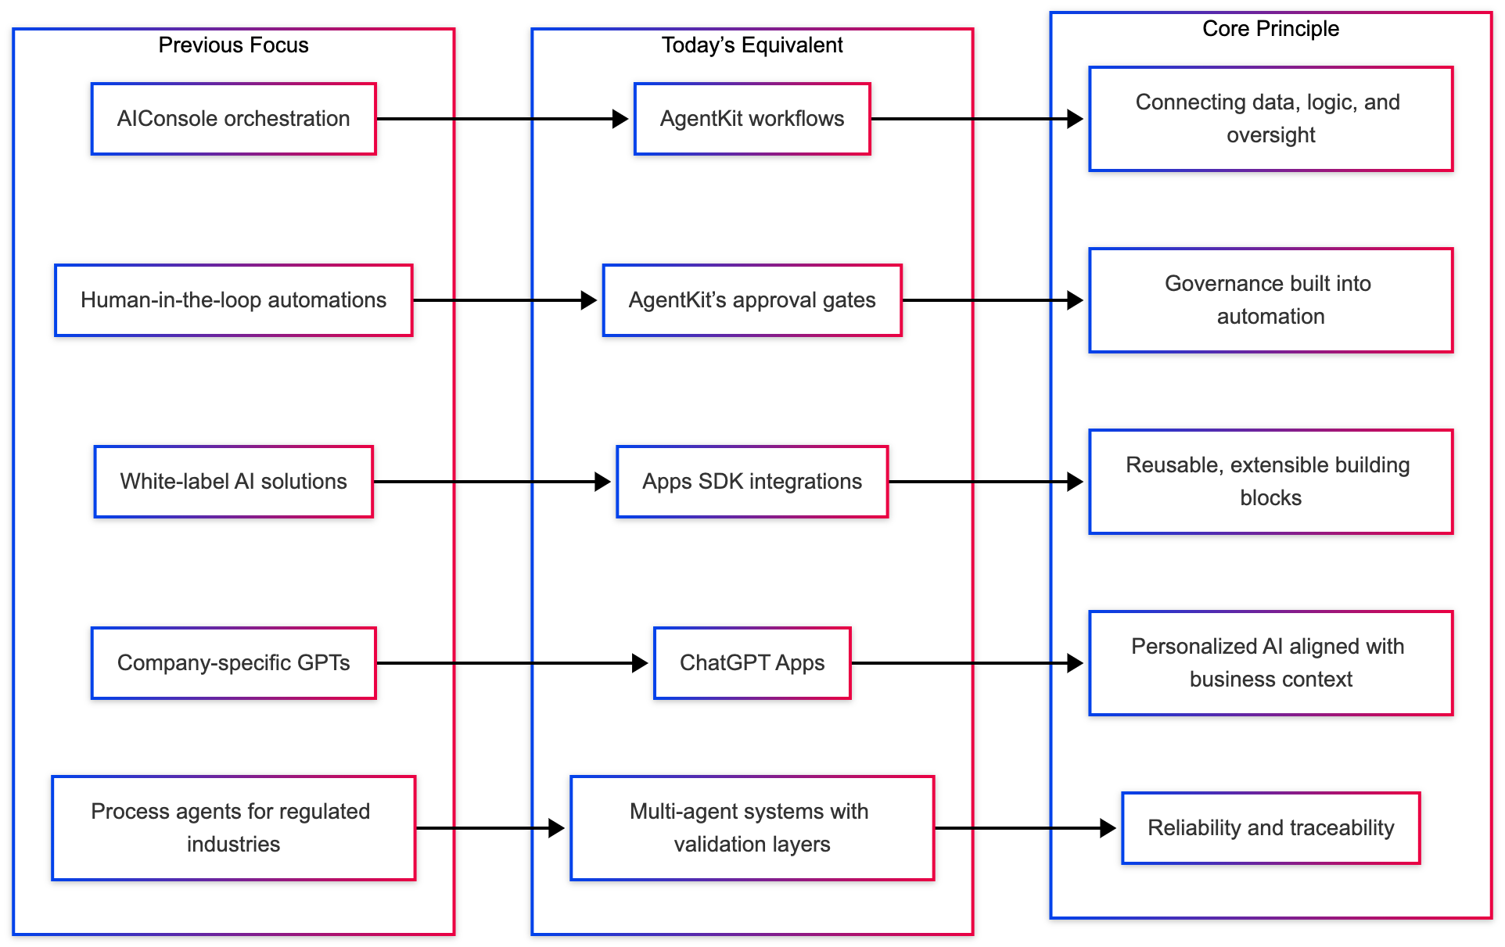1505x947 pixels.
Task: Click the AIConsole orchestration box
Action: point(233,119)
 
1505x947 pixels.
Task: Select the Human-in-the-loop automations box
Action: point(233,300)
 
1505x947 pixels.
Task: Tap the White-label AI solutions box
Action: point(233,482)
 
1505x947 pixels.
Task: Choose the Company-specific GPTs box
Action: point(233,663)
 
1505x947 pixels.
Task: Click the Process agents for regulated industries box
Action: point(233,828)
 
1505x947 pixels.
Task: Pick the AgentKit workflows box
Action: point(752,119)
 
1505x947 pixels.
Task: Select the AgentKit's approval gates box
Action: point(752,300)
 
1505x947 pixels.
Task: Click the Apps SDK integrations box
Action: point(752,482)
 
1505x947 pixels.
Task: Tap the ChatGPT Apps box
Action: point(752,663)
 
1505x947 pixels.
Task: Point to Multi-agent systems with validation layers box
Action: point(752,828)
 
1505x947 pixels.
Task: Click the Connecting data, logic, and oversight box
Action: point(1270,119)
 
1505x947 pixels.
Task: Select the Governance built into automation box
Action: point(1270,300)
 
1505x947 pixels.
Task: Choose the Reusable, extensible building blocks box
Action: point(1270,482)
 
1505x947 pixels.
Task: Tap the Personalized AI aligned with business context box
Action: point(1270,663)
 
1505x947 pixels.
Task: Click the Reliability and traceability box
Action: point(1270,828)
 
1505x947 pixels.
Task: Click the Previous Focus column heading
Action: point(233,45)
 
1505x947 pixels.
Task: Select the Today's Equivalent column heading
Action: point(752,45)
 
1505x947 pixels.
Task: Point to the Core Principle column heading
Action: point(1270,29)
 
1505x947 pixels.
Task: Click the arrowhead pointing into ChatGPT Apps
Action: point(640,663)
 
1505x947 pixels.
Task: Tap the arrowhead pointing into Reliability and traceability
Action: point(1108,828)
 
